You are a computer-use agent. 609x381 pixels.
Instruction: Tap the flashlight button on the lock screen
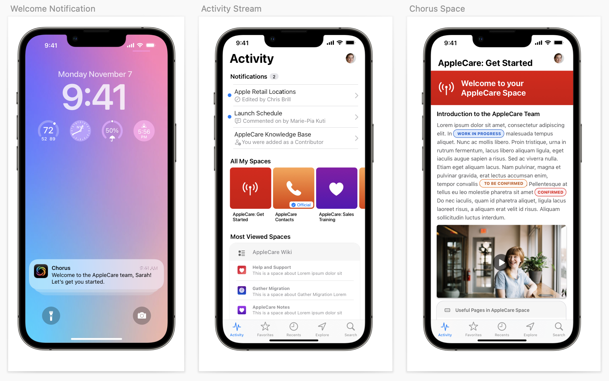51,315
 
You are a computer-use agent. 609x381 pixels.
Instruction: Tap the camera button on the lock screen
142,315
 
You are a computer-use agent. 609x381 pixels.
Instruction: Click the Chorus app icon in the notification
41,271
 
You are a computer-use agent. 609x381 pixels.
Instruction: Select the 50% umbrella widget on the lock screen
112,131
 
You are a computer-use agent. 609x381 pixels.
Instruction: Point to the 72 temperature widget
48,131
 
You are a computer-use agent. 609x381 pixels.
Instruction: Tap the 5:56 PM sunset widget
144,131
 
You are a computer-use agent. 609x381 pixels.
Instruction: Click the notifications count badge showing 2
274,77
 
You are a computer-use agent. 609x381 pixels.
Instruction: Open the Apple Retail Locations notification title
265,92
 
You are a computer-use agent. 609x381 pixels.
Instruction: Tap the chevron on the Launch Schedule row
356,117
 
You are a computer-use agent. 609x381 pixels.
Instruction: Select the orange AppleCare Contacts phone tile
294,188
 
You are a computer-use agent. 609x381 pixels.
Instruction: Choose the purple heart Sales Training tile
337,188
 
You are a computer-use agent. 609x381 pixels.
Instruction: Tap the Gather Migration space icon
242,290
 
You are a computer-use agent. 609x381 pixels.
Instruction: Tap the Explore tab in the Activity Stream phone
322,329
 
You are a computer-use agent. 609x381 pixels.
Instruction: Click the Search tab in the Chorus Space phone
559,329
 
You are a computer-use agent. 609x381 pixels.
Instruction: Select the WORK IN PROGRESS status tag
479,134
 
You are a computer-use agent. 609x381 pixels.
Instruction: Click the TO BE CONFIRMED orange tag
504,183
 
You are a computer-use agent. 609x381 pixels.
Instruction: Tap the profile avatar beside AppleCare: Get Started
559,58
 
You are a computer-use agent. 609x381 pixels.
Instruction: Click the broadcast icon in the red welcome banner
446,88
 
